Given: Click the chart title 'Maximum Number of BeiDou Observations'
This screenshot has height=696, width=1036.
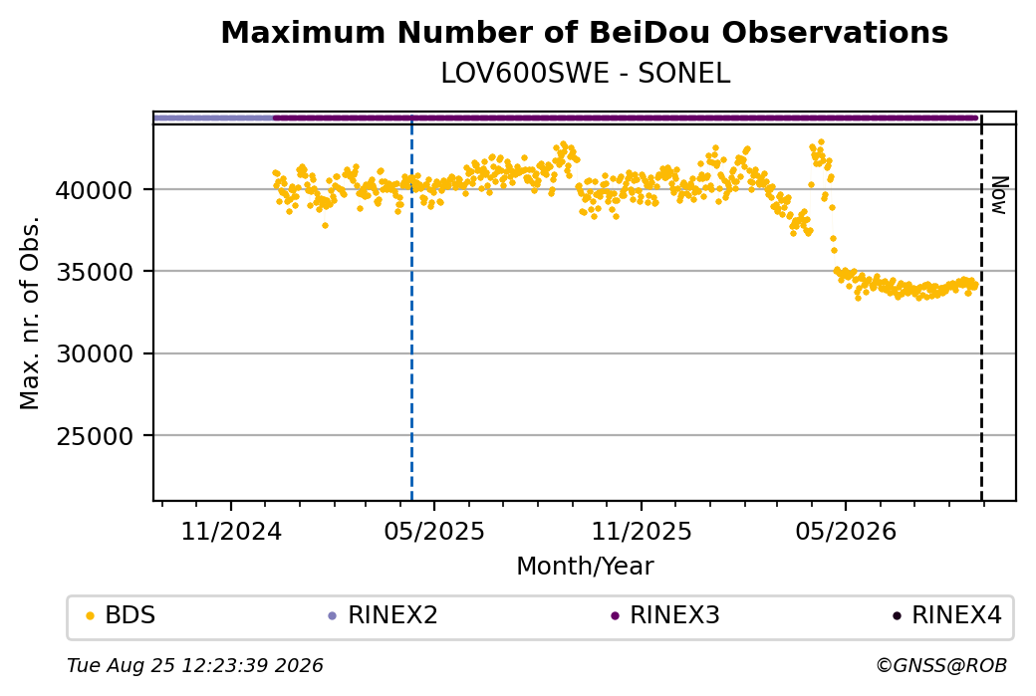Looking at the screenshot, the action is [584, 32].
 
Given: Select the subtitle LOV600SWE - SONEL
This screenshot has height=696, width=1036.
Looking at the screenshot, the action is [586, 74].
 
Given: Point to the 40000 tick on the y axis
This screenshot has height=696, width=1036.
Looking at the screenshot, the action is [95, 190].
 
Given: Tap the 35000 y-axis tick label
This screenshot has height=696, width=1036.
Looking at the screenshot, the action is [95, 272].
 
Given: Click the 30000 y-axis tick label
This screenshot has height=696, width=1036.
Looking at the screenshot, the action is [95, 353].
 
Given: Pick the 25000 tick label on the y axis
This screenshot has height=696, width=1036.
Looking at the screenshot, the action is [95, 436].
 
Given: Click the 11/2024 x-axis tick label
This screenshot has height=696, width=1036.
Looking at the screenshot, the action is [231, 531].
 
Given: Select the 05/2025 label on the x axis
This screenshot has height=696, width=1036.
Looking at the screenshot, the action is [434, 531].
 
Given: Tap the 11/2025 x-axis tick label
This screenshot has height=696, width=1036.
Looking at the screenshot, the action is [641, 531].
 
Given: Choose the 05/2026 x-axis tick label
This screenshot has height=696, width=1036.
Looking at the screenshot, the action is [846, 531].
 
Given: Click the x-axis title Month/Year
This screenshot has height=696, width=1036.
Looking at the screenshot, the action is [585, 566].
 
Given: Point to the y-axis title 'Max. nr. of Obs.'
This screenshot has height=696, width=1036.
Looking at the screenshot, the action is [30, 313].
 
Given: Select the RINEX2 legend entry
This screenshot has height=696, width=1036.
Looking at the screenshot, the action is [384, 615].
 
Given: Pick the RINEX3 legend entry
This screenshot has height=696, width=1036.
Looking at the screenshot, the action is [665, 615].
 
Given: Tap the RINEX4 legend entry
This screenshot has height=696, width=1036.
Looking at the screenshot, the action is [947, 615].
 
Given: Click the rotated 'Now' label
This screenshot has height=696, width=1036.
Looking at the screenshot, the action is [1000, 195].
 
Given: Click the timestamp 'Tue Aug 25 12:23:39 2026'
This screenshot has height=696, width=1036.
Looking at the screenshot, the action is [195, 665].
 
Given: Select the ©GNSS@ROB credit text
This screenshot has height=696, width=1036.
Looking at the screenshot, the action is [941, 665].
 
